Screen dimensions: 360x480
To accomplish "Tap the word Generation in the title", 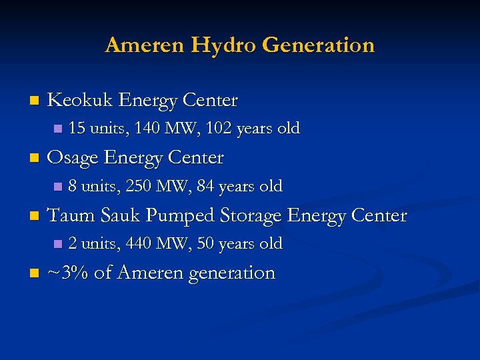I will (x=319, y=45).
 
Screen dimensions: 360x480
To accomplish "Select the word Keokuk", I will (x=79, y=100).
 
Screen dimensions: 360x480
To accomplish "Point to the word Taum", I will (x=73, y=215).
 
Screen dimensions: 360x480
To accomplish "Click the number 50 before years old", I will (x=206, y=243).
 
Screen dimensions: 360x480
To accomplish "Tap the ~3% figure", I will (x=68, y=273).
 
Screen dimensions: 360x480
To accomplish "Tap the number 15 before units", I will (x=77, y=128).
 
